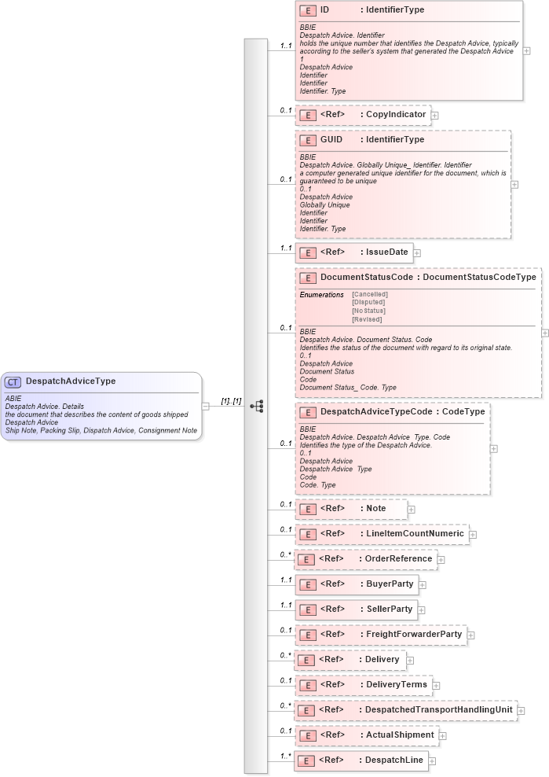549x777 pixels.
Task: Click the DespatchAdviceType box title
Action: [x=70, y=381]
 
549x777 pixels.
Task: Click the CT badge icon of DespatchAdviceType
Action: [x=13, y=381]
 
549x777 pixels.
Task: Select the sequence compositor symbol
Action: [x=256, y=406]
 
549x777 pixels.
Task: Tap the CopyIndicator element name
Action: [x=396, y=115]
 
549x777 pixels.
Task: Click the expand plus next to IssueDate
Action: [x=417, y=253]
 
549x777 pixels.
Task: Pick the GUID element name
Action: [x=331, y=139]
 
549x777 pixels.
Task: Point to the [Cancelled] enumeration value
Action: [x=370, y=294]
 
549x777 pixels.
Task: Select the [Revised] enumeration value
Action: [x=367, y=319]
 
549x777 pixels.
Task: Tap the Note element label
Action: [x=376, y=509]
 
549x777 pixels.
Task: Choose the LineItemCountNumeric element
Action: [x=415, y=534]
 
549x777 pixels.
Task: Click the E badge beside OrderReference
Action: [x=308, y=559]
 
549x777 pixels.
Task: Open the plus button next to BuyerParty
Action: [x=421, y=584]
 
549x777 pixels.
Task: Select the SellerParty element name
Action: [x=389, y=609]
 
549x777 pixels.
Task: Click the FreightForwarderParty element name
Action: [x=414, y=635]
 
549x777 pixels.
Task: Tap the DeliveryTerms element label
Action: [x=397, y=685]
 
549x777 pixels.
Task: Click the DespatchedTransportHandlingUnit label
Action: [x=438, y=710]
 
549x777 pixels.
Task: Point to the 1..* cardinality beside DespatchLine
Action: [x=285, y=755]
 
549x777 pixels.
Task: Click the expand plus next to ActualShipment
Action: [x=442, y=735]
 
